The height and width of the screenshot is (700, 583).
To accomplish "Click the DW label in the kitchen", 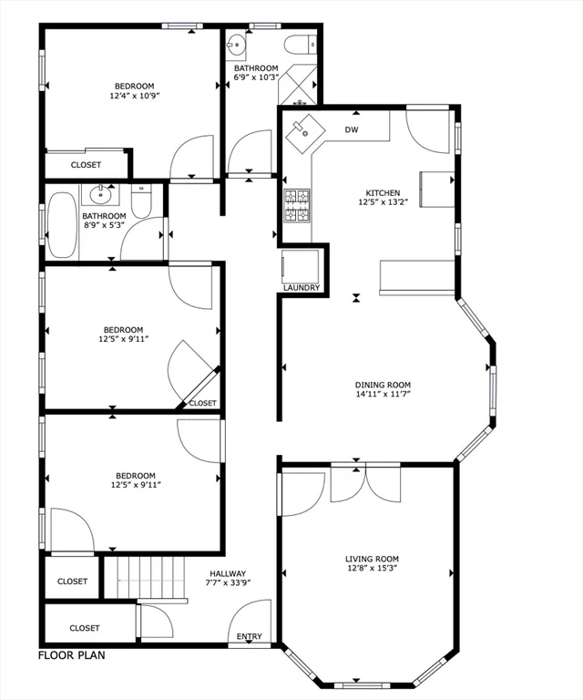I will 352,130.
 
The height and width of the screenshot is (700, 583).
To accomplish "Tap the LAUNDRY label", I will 302,288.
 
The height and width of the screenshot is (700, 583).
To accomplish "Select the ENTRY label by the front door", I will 249,636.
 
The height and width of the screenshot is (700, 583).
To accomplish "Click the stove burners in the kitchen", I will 297,206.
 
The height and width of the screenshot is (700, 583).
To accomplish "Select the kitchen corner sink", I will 307,135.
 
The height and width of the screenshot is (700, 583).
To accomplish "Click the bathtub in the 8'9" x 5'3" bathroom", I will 63,222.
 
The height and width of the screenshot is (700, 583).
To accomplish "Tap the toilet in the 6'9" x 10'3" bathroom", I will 299,44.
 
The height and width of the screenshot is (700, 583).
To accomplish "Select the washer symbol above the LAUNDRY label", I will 302,266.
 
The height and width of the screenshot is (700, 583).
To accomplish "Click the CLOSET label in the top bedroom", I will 86,165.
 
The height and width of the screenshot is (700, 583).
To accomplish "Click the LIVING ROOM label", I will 372,559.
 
